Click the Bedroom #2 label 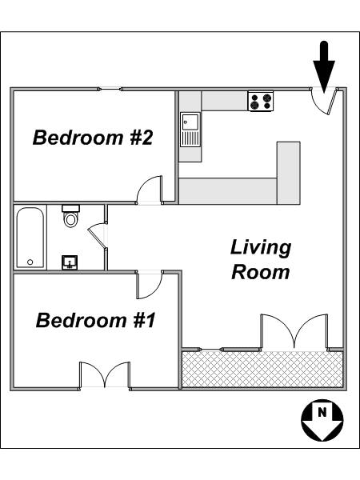(x=93, y=138)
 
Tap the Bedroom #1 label (x=95, y=320)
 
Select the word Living (x=261, y=248)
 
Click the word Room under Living (x=261, y=272)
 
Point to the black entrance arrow (x=324, y=66)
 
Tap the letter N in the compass (x=322, y=412)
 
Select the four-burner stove (x=261, y=101)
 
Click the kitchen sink (x=190, y=130)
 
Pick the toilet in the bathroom (x=70, y=216)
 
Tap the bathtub (x=30, y=238)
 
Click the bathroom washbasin (x=70, y=262)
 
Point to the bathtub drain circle (x=30, y=262)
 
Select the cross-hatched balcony (x=262, y=369)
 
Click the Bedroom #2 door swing (x=149, y=189)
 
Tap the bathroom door (x=98, y=236)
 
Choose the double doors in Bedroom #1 (x=105, y=374)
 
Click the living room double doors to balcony (x=294, y=332)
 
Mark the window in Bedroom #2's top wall (x=110, y=89)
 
